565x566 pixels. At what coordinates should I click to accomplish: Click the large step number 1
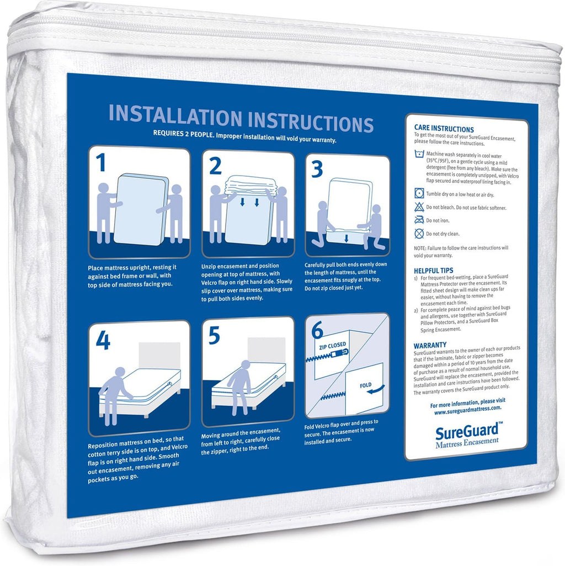[100, 162]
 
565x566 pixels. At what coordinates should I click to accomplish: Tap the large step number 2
[215, 166]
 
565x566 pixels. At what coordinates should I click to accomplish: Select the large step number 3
[317, 170]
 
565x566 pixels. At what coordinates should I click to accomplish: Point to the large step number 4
[103, 341]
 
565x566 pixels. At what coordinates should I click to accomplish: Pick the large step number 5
[214, 336]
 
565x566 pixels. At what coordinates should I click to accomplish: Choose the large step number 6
[317, 330]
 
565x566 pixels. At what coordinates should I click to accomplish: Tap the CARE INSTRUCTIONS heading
[444, 129]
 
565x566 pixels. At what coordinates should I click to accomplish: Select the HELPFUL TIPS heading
[433, 271]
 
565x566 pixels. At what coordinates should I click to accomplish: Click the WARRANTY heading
[430, 345]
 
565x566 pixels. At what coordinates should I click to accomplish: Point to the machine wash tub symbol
[419, 155]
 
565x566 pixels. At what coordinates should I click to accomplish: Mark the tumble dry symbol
[419, 193]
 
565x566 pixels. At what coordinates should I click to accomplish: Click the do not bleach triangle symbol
[419, 207]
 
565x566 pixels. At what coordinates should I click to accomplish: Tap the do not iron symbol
[419, 219]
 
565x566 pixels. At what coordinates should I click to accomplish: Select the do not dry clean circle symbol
[419, 234]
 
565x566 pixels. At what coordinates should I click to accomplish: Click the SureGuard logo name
[467, 431]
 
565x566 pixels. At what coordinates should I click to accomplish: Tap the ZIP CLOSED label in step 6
[332, 346]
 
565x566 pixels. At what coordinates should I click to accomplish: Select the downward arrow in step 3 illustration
[346, 238]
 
